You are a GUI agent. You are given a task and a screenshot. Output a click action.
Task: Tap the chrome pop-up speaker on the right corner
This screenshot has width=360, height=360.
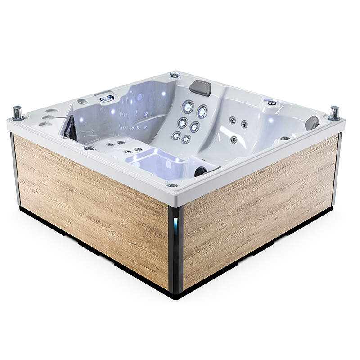tap(334, 112)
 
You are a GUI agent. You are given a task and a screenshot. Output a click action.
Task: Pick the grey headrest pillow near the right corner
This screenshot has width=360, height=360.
tap(312, 122)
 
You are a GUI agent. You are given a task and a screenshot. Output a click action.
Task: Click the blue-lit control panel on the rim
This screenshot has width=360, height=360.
tap(107, 98)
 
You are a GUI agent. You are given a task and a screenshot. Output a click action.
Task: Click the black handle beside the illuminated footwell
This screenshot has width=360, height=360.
tap(201, 171)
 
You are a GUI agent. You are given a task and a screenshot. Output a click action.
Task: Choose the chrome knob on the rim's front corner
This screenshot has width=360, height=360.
tap(172, 185)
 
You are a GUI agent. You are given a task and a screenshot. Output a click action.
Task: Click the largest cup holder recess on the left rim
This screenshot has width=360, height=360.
tap(51, 111)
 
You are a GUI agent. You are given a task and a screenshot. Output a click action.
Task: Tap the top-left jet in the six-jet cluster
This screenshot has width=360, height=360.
tap(188, 107)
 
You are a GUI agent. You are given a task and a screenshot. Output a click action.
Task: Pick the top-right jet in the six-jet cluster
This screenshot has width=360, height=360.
tap(202, 111)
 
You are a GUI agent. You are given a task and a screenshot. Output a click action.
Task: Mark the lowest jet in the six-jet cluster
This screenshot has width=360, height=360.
tap(186, 139)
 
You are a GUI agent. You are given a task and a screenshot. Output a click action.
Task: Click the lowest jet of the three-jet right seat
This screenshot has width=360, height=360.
tap(234, 140)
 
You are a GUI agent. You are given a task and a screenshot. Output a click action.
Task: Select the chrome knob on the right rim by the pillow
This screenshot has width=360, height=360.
tap(285, 138)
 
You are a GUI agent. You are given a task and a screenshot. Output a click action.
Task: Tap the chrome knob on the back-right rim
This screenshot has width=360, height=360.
tap(272, 103)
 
